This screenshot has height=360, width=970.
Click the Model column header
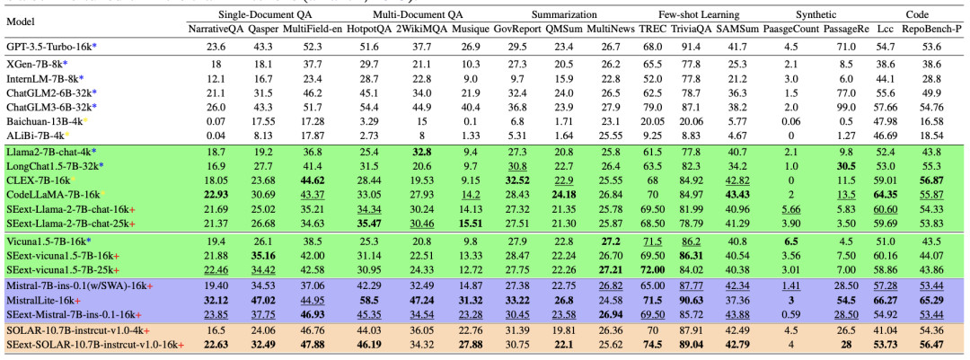tap(22, 21)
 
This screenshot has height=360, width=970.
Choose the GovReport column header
tap(517, 29)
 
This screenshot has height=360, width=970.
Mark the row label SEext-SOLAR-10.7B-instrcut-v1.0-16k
tap(94, 345)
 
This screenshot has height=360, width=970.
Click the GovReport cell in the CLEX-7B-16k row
tap(516, 180)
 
